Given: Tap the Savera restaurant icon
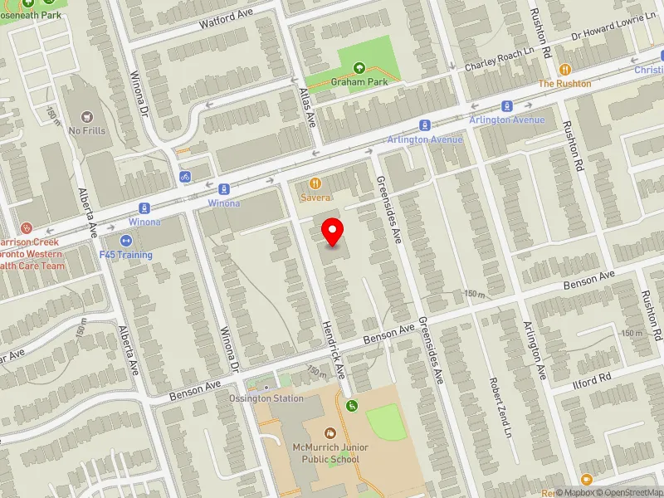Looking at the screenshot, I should (x=315, y=183).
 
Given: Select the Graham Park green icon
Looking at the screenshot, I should (x=359, y=69).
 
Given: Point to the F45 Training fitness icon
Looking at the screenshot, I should (x=126, y=241).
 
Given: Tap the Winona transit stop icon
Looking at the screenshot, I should (x=223, y=190).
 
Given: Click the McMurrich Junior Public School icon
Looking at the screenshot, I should (x=330, y=433).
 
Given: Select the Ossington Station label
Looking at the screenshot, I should (x=266, y=398).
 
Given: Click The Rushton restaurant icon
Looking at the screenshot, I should (x=565, y=71).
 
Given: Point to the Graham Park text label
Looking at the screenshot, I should (x=359, y=83).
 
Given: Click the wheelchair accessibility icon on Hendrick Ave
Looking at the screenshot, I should (x=352, y=405).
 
